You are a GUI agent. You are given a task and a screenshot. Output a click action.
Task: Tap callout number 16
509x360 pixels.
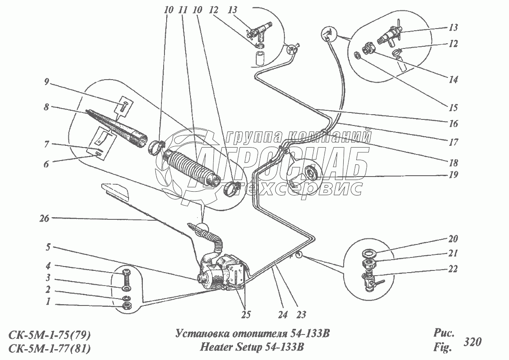[x=453, y=123]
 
